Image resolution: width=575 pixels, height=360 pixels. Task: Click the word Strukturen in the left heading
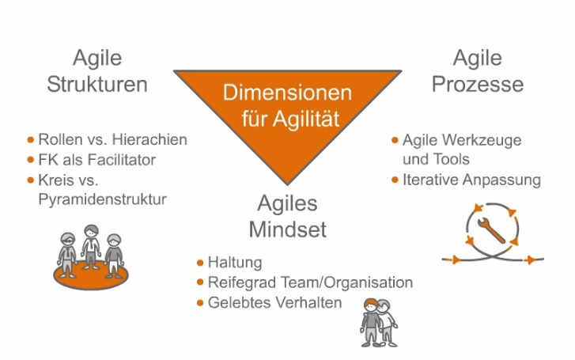coord(97,85)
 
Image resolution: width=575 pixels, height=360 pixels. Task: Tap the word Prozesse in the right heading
coord(478,85)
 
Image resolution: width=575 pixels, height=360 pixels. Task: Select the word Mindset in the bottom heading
coord(288,229)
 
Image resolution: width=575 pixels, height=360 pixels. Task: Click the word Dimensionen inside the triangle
coord(288,93)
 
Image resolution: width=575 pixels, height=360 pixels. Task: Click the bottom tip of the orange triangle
coord(288,184)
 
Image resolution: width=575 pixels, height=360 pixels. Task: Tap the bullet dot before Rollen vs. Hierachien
coord(31,140)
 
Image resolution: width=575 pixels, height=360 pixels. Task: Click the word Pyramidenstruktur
coord(102,199)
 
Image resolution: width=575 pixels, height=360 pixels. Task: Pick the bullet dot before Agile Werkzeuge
coord(395,140)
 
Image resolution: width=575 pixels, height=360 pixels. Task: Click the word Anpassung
coord(501,180)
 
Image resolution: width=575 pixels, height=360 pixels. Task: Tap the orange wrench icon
coord(491,230)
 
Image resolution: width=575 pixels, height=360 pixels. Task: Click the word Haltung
coord(235,263)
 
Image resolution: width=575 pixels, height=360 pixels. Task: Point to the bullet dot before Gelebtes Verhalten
coord(200,303)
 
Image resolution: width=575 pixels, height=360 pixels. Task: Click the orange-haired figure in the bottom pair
coord(371,322)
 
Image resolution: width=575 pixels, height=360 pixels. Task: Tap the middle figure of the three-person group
coord(91,247)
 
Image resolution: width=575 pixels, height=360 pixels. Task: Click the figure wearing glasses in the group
coord(67,255)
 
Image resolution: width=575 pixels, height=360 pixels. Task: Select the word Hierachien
coord(149,140)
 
